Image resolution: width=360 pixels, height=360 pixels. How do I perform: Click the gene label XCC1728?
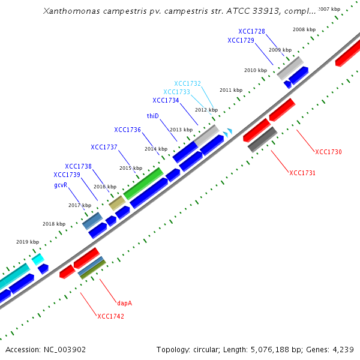click(x=251, y=31)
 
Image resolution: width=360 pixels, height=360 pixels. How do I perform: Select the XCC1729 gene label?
click(x=241, y=40)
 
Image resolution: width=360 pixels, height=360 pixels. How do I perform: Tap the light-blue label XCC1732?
click(x=187, y=83)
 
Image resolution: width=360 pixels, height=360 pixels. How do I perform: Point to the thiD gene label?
click(x=152, y=115)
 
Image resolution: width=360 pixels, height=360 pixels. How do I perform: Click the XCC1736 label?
click(x=127, y=130)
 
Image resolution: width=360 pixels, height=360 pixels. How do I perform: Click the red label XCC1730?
click(x=328, y=152)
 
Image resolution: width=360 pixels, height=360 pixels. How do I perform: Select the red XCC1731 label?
click(x=302, y=173)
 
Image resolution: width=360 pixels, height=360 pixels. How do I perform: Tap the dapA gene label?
click(x=124, y=303)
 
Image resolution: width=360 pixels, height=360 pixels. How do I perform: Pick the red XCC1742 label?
click(x=110, y=316)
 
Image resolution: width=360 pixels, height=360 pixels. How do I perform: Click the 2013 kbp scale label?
click(x=181, y=130)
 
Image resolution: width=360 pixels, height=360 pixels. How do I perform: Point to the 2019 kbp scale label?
click(x=27, y=242)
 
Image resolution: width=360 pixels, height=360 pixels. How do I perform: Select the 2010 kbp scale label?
click(x=255, y=70)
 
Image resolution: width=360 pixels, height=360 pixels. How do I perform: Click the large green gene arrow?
click(x=143, y=183)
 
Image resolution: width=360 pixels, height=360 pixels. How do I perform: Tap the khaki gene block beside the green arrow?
click(x=116, y=203)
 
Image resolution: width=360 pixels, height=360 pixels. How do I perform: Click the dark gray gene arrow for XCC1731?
click(x=262, y=139)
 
